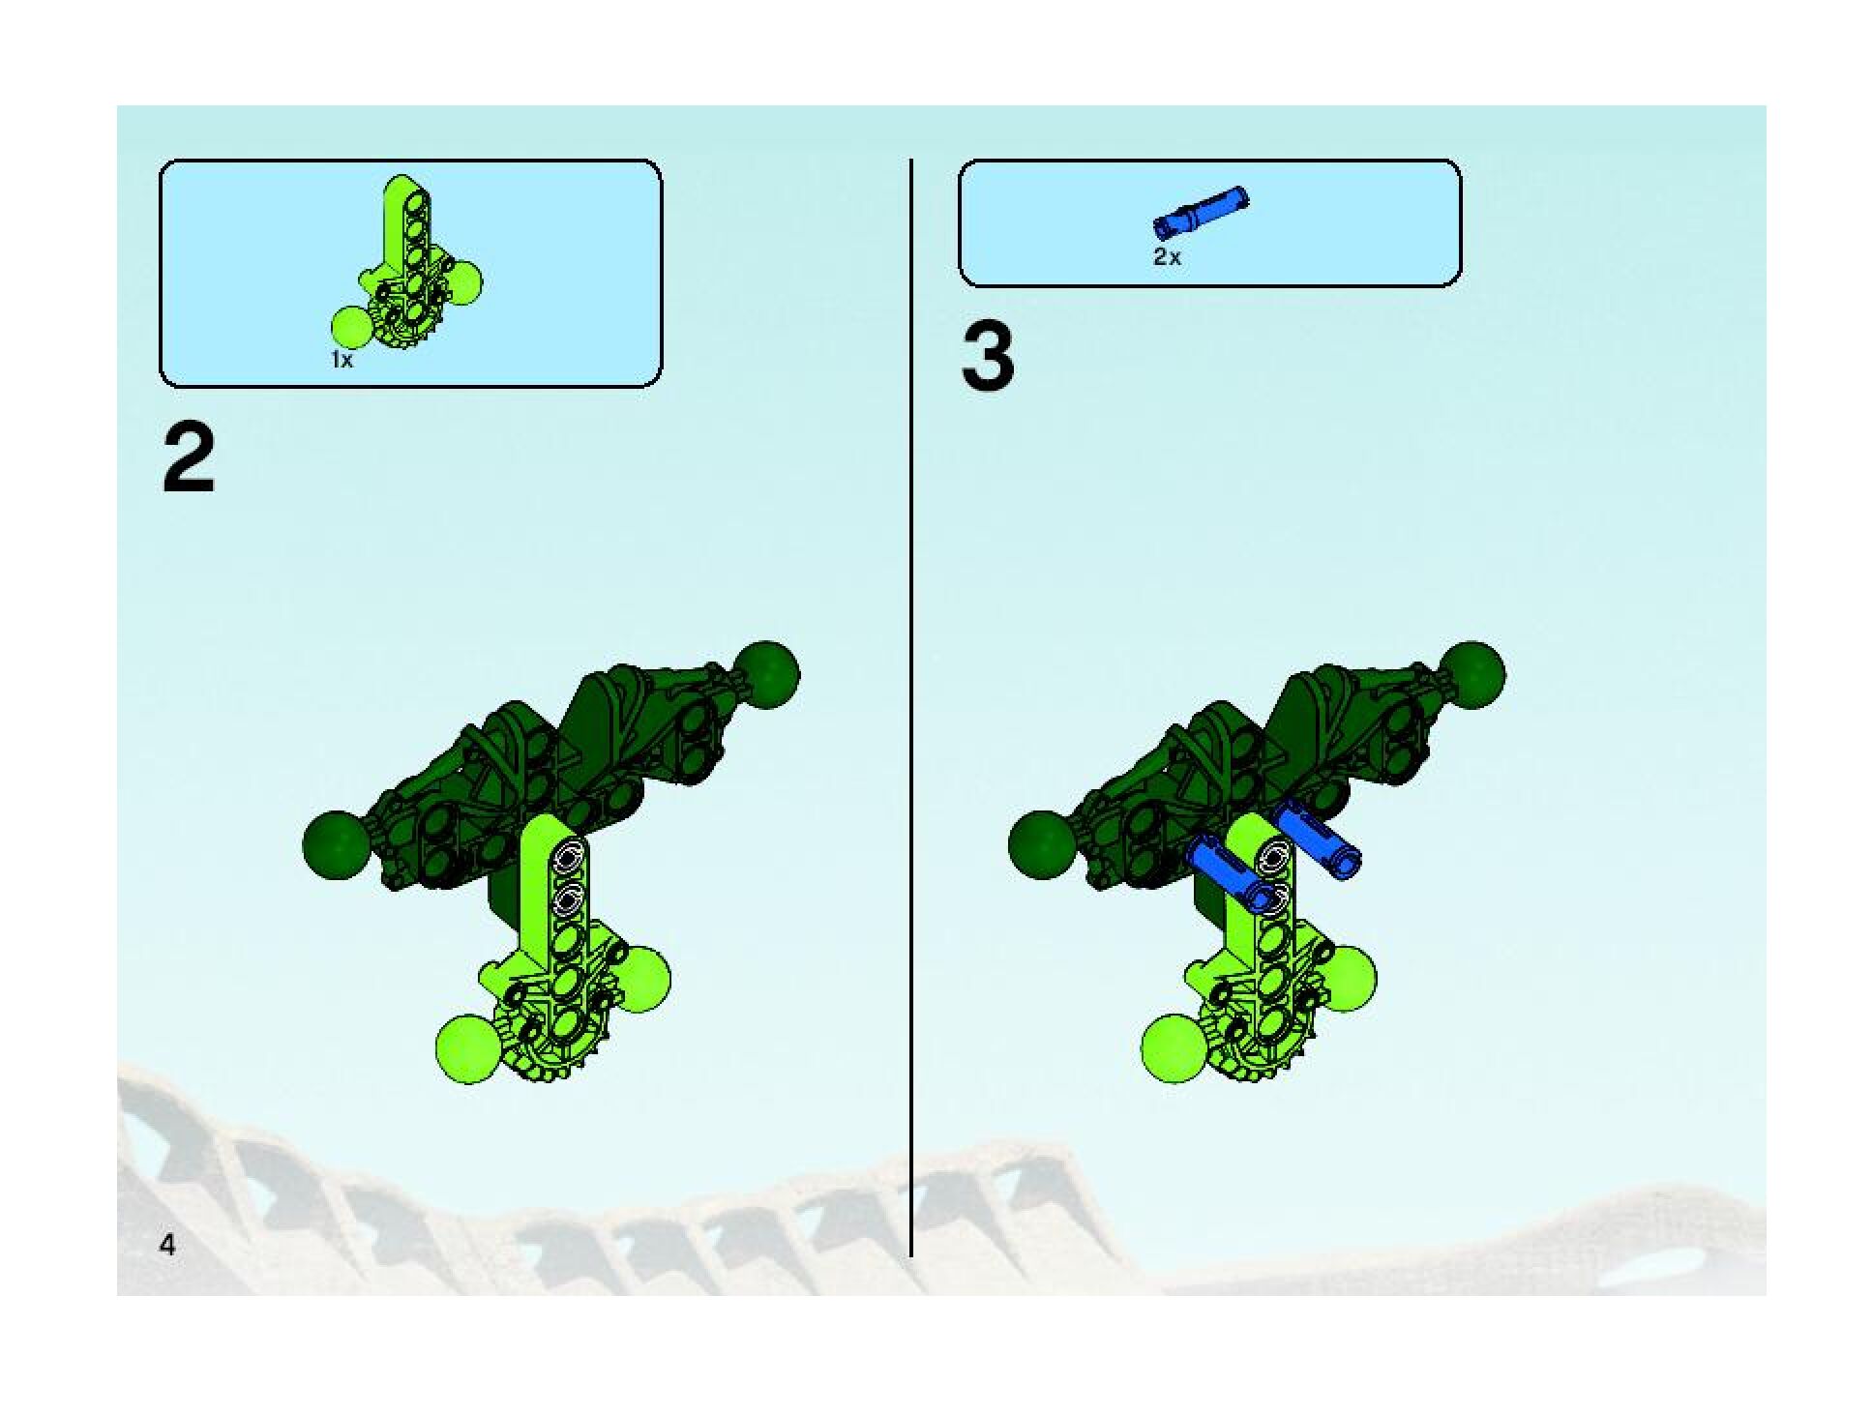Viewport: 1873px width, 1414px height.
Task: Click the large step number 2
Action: point(189,461)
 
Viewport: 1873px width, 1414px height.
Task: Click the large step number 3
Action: point(988,358)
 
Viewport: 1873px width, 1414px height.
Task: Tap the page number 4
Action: point(167,1245)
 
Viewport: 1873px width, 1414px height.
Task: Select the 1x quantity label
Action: point(342,360)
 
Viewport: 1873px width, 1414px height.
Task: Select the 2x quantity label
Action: point(1167,257)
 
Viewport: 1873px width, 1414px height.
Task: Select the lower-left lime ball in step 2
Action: point(468,1048)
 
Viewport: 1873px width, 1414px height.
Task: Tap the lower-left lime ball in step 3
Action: point(1174,1048)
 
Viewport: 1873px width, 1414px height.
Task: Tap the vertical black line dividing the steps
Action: point(910,706)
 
